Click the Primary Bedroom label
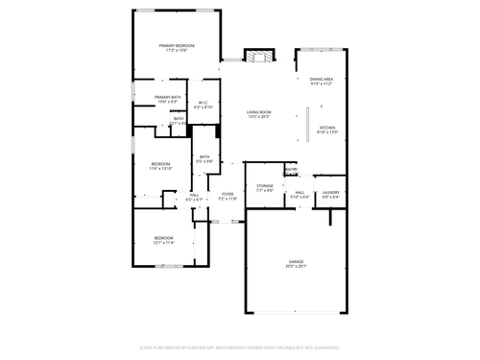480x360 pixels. [x=177, y=46]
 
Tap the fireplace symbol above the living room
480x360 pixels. [x=256, y=57]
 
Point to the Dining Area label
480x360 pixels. [x=321, y=80]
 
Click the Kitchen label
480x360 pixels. [x=327, y=128]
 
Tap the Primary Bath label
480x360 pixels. [x=168, y=97]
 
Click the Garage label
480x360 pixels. [x=297, y=261]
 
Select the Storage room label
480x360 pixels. [x=265, y=186]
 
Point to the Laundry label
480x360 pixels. [x=331, y=192]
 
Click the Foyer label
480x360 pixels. [x=228, y=195]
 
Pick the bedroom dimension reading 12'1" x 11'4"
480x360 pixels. [x=164, y=242]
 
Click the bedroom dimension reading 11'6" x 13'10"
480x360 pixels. [x=160, y=169]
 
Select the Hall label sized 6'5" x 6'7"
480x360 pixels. [x=194, y=199]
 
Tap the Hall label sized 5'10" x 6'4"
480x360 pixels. [x=300, y=197]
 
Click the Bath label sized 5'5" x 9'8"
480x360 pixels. [x=204, y=161]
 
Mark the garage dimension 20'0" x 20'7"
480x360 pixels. [x=297, y=266]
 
